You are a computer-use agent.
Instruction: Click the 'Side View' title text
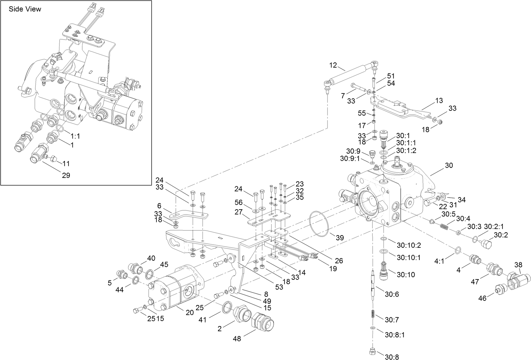coord(25,9)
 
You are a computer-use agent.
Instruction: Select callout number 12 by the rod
coord(333,65)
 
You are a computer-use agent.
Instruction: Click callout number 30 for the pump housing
coord(449,165)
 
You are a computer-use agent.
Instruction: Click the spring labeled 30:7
coord(373,314)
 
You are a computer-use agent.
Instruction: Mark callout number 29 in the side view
coord(66,175)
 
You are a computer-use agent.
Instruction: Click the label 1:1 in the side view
coord(75,136)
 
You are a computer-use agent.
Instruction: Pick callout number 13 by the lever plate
coord(439,101)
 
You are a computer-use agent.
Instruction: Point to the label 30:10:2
coord(409,245)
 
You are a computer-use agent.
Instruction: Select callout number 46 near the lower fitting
coord(482,298)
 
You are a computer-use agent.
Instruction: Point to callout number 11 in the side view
coord(66,163)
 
